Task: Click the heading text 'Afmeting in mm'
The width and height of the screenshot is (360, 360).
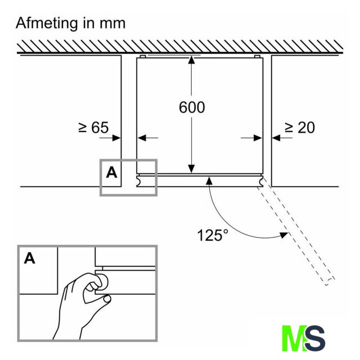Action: pyautogui.click(x=71, y=24)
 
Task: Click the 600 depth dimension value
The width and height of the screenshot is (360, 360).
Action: pyautogui.click(x=192, y=107)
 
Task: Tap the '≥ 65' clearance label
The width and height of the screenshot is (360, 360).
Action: pyautogui.click(x=93, y=128)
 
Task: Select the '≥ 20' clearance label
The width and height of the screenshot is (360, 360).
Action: pyautogui.click(x=300, y=128)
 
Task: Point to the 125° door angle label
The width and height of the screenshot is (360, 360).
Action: pyautogui.click(x=213, y=235)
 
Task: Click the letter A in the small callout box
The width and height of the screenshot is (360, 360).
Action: pyautogui.click(x=111, y=173)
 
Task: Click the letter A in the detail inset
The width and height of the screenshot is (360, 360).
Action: pyautogui.click(x=30, y=259)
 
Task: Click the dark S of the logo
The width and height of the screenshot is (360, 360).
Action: pyautogui.click(x=315, y=338)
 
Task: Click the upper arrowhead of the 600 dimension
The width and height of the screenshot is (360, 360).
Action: pyautogui.click(x=191, y=60)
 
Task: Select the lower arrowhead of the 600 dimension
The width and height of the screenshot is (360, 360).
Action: pyautogui.click(x=191, y=169)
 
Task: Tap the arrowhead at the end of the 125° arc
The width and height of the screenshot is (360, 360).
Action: pyautogui.click(x=283, y=235)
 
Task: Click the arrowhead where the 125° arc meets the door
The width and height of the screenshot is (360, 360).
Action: pyautogui.click(x=209, y=181)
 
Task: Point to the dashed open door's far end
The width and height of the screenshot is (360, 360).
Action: pyautogui.click(x=330, y=282)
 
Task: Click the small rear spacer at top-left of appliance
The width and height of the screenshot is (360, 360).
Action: pyautogui.click(x=142, y=56)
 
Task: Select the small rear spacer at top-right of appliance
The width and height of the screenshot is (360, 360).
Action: pyautogui.click(x=257, y=56)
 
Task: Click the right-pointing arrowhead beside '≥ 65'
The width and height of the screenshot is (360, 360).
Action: pyautogui.click(x=116, y=138)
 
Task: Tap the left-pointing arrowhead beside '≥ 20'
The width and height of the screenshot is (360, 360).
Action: pyautogui.click(x=276, y=138)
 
